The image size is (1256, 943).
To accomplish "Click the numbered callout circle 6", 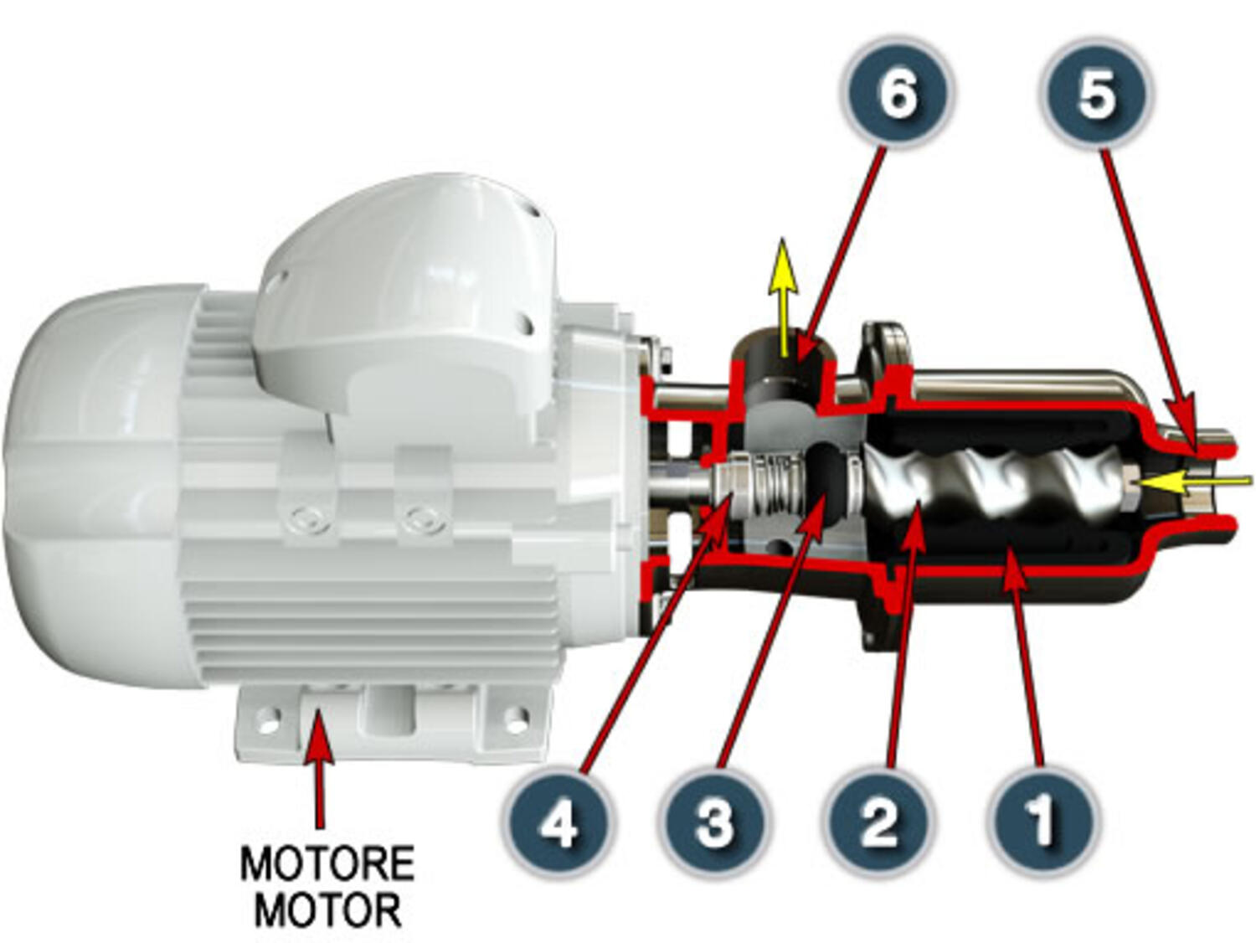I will (897, 92).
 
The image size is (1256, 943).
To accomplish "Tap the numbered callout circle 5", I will (1096, 92).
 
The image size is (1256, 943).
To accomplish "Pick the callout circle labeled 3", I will (713, 822).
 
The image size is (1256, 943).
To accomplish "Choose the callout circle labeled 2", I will (878, 822).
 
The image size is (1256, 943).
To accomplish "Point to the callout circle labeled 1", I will (1042, 822).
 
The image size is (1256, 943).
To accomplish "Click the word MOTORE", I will (327, 863).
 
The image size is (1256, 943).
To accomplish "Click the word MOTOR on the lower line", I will (327, 910).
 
